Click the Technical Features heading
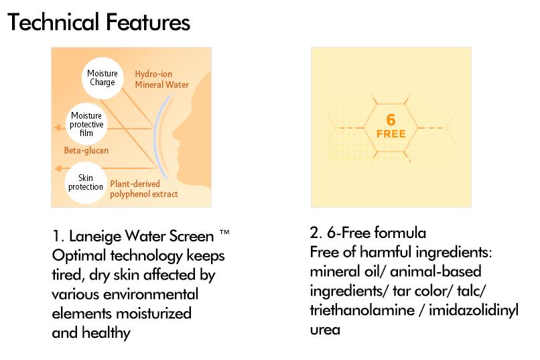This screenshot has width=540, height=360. (x=98, y=22)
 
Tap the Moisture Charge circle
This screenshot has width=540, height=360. (x=103, y=78)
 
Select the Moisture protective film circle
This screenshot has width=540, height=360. (x=86, y=124)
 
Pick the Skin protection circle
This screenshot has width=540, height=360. (x=86, y=182)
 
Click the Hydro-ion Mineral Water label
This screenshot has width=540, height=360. (x=162, y=79)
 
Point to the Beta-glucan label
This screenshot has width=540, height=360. (x=86, y=151)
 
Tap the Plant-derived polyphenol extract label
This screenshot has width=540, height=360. (x=144, y=189)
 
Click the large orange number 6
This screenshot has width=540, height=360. (x=391, y=120)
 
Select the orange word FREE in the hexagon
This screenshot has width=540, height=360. (x=391, y=133)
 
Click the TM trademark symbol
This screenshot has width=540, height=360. (x=224, y=232)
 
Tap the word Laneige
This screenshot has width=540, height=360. (x=94, y=237)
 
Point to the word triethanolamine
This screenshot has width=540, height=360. (x=362, y=310)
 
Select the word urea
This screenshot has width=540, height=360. (x=325, y=330)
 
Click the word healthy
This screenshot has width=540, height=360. (x=106, y=333)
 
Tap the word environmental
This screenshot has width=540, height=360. (x=151, y=294)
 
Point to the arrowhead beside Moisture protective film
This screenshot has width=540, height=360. (x=58, y=128)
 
